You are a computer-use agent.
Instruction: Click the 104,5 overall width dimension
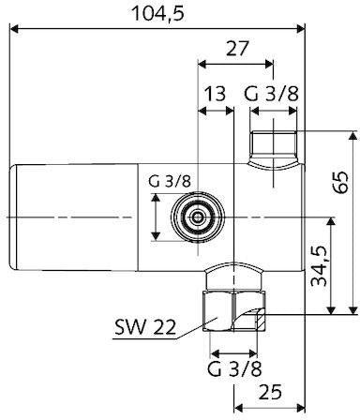point(158,14)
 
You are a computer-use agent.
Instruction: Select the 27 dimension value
point(237,49)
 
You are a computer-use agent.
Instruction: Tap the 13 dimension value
point(215,94)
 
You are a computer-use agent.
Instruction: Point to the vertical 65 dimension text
point(340,183)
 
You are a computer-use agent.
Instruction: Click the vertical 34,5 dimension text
point(320,265)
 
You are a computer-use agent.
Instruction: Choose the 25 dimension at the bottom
point(270,392)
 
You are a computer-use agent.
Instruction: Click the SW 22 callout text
point(145,327)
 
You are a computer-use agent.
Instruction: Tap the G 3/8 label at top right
point(271,94)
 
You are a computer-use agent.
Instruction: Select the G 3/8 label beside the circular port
point(169,181)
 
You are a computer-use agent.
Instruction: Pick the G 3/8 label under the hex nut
point(234,368)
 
